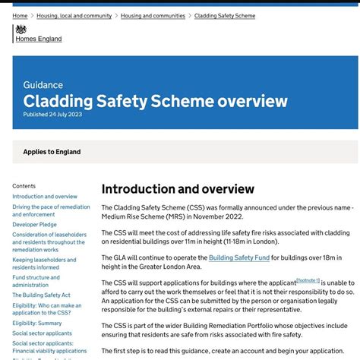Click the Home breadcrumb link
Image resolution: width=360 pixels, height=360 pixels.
point(20,16)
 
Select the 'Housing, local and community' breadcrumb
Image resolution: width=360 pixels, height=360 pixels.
point(74,16)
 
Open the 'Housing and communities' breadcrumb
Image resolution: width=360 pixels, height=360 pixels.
point(153,16)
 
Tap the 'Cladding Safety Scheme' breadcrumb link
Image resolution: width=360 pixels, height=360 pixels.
point(225,16)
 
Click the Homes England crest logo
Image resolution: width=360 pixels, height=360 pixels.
point(20,30)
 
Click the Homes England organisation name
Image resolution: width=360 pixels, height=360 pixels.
point(39,39)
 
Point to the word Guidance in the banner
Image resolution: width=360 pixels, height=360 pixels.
point(43,85)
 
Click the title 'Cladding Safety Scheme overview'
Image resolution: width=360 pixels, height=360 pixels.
point(155,101)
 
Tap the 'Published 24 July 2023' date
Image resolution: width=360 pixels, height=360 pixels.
point(52,115)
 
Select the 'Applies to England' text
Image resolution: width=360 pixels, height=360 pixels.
point(52,152)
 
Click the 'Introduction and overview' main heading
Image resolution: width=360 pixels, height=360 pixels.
point(178,189)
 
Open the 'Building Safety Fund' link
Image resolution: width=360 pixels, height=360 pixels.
point(239,257)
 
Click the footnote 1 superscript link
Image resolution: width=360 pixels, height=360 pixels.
point(308,280)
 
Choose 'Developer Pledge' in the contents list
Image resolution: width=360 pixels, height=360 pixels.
point(34,225)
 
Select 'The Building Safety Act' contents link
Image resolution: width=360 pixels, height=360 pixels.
point(41,295)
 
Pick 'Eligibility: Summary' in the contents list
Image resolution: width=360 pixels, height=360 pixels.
point(37,323)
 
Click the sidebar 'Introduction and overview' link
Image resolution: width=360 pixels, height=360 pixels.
point(45,197)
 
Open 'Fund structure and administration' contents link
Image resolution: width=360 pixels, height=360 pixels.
point(36,281)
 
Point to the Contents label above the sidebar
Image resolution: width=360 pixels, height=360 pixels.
point(24,186)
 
